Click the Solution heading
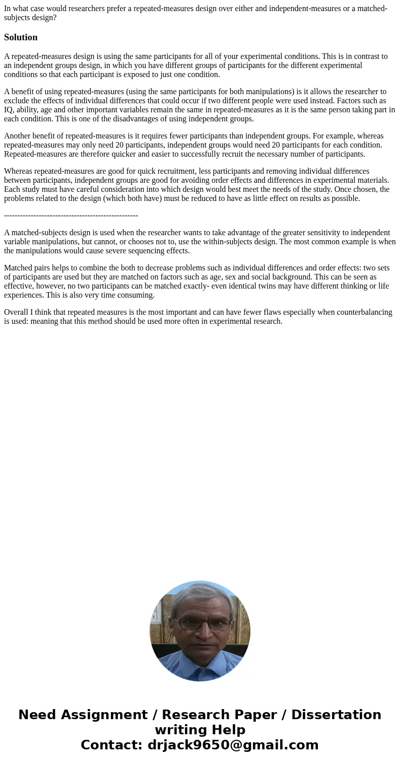click(21, 37)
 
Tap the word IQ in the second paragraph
click(9, 110)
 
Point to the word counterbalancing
click(364, 312)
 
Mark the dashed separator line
click(71, 216)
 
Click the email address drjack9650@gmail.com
click(233, 745)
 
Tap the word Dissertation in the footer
click(336, 715)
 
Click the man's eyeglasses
click(200, 623)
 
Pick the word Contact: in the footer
click(112, 745)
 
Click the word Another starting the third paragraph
click(18, 136)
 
